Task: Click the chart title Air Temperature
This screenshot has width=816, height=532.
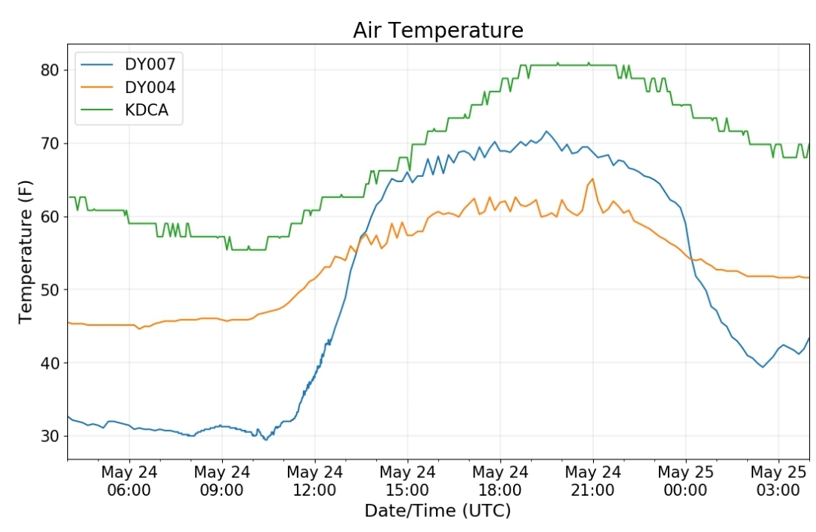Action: (438, 30)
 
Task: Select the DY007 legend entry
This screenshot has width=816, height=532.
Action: (128, 64)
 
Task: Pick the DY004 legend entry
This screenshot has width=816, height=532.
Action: (128, 87)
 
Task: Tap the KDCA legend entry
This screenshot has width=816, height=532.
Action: (125, 110)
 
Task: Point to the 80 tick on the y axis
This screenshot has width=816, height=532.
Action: (51, 70)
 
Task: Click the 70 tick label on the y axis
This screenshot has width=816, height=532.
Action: (51, 143)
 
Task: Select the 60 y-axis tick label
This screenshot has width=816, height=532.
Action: (51, 217)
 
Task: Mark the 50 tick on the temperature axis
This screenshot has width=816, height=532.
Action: (51, 289)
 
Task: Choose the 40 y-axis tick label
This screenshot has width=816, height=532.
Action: (51, 363)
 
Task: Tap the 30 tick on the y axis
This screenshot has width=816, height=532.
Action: (51, 436)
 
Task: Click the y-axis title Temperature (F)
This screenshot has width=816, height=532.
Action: (25, 252)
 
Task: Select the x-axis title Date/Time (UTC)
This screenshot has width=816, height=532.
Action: (437, 511)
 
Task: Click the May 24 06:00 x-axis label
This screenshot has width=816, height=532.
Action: (129, 481)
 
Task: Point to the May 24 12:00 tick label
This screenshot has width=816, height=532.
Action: (315, 481)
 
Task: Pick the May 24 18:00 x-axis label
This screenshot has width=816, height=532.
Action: (500, 481)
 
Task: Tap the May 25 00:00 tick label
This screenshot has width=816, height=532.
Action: (685, 481)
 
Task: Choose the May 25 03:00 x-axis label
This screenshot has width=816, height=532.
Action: (778, 481)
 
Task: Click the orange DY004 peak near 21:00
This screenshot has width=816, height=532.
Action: (593, 178)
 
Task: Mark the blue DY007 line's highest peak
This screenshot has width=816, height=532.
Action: (546, 131)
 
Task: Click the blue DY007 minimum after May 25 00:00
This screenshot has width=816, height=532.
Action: (763, 367)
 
